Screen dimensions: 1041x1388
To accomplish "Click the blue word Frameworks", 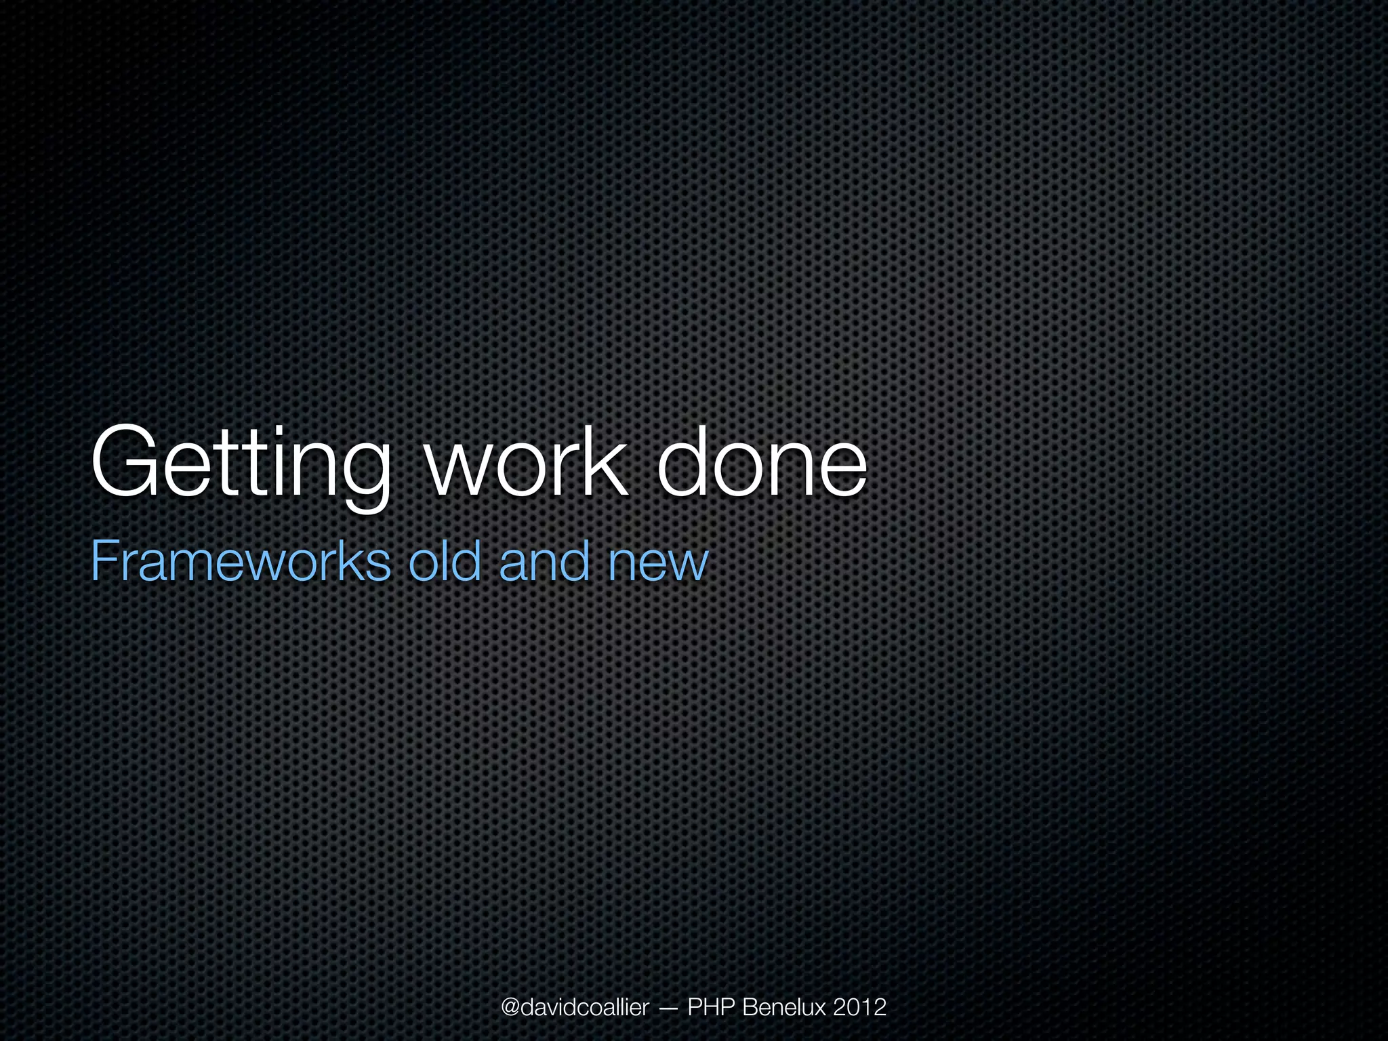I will [x=241, y=561].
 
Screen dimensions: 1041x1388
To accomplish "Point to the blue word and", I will [x=544, y=561].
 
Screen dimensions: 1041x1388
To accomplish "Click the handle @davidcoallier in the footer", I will [x=575, y=1007].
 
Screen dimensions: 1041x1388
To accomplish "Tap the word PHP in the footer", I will [x=712, y=1007].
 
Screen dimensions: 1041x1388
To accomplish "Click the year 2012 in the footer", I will [x=859, y=1007].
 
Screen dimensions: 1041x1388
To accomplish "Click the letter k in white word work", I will [x=605, y=461].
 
